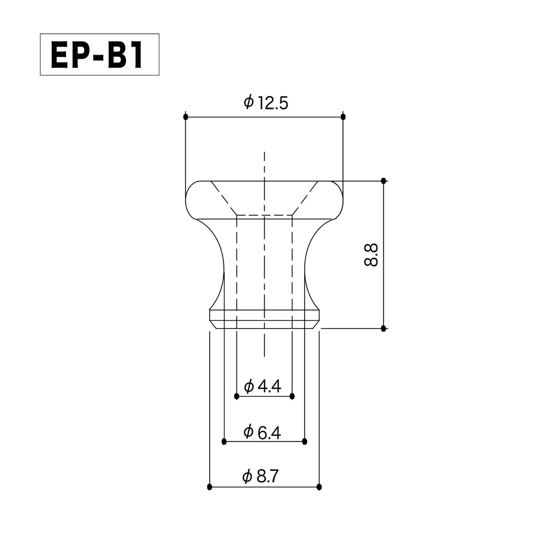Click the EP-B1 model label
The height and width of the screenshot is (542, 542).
tap(99, 55)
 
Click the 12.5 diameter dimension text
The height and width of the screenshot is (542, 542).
tap(272, 103)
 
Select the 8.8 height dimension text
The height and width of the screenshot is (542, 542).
tap(371, 255)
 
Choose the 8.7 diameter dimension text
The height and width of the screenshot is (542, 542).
tap(267, 477)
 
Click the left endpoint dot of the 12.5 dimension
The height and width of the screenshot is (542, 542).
tap(185, 117)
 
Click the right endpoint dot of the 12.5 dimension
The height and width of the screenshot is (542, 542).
tap(343, 117)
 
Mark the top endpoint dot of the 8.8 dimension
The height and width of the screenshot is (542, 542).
tap(383, 181)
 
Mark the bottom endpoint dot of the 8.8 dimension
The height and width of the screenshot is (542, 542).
tap(383, 329)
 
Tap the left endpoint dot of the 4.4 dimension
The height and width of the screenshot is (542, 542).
tap(236, 396)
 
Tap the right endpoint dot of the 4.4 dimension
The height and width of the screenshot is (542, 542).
tap(293, 396)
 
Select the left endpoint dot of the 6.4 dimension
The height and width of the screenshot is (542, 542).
tap(224, 441)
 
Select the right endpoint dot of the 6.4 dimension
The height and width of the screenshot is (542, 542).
tap(305, 441)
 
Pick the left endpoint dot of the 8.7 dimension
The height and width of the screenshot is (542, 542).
tap(210, 487)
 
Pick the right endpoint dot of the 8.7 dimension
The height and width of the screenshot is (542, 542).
tap(319, 487)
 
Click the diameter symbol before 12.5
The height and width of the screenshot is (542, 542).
tap(249, 102)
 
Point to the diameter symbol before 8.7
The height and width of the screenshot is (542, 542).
tap(247, 477)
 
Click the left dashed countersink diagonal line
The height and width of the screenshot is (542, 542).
tap(224, 198)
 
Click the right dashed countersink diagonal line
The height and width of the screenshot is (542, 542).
tap(305, 198)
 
